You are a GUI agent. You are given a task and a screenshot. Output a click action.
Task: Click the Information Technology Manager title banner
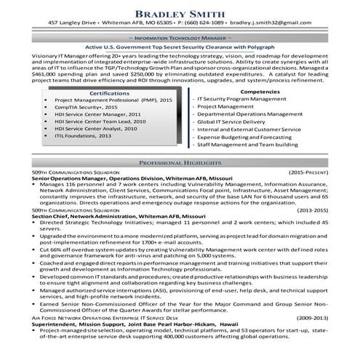[x=180, y=55]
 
